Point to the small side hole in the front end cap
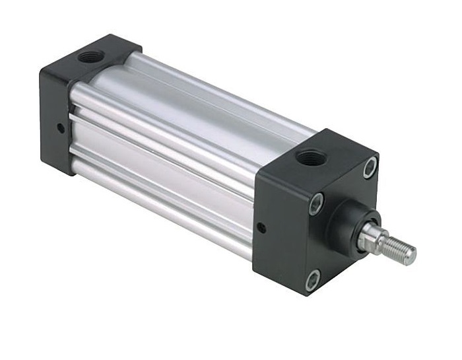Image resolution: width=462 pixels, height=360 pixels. click(x=262, y=229)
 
